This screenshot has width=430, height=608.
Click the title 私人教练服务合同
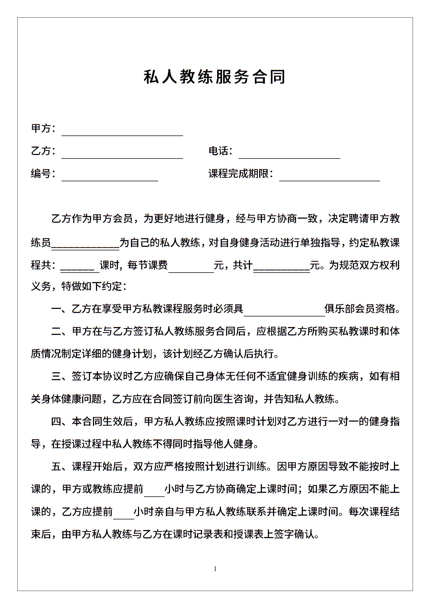(214, 77)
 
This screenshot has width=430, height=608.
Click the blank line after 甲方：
(122, 132)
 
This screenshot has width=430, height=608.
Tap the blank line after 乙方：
(122, 155)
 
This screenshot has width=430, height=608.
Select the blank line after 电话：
(289, 155)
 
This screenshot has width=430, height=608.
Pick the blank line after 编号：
(110, 177)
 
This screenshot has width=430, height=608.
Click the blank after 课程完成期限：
(329, 177)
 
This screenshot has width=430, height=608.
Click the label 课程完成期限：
(241, 174)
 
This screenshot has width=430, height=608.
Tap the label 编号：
(43, 174)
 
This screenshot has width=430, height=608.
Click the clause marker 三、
(61, 377)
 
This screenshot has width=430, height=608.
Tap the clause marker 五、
(61, 467)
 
